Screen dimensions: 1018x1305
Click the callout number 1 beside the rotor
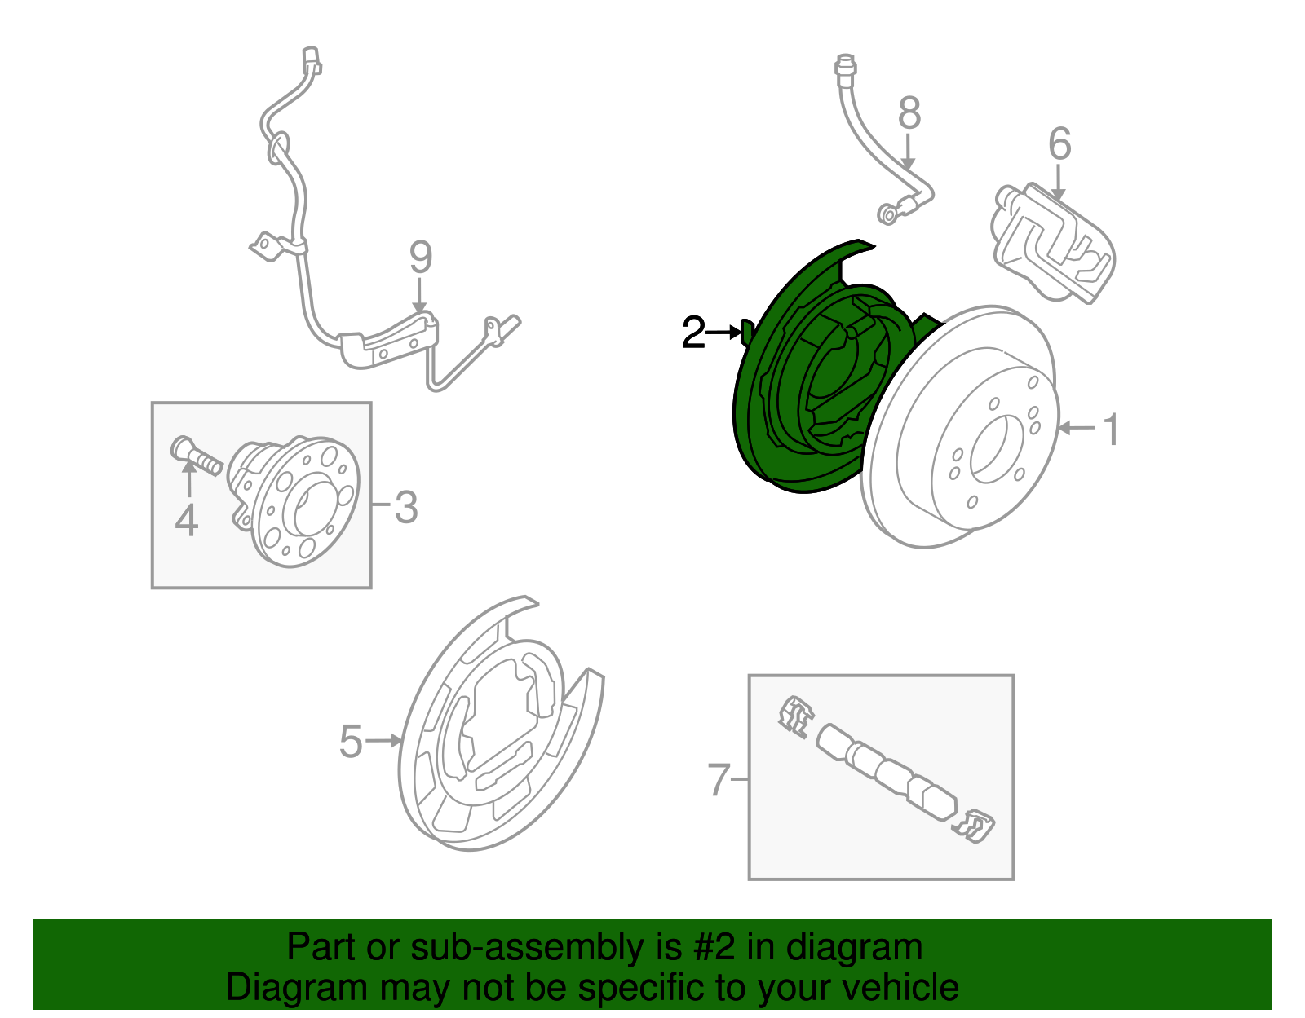pos(1110,430)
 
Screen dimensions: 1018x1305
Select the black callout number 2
pos(693,333)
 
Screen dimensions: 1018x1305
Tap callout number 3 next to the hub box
pos(406,507)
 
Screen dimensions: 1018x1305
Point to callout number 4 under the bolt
pos(187,520)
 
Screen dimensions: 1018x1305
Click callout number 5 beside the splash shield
pos(351,741)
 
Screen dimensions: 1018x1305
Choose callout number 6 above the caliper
pos(1059,144)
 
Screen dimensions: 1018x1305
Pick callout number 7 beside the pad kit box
pos(718,780)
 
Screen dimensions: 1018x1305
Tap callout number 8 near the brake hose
pos(909,113)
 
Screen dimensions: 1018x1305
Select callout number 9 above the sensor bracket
pos(420,258)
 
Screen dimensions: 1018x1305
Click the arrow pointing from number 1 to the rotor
pos(1077,428)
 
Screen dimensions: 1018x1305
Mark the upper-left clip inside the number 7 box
pos(795,716)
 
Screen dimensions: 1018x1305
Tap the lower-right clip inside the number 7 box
pos(974,826)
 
